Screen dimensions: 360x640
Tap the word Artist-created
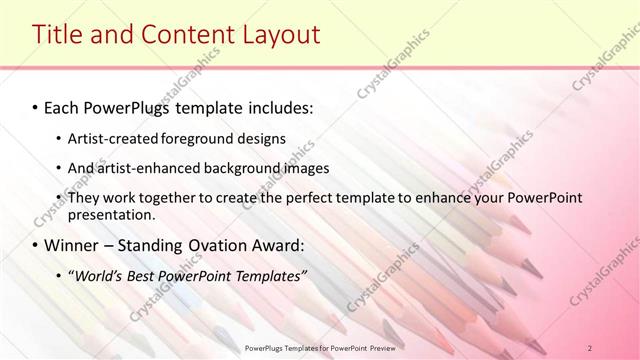point(113,138)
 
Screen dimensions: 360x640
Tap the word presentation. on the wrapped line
point(112,215)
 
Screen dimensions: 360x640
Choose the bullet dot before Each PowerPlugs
point(36,106)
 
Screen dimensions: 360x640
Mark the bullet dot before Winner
point(36,246)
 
